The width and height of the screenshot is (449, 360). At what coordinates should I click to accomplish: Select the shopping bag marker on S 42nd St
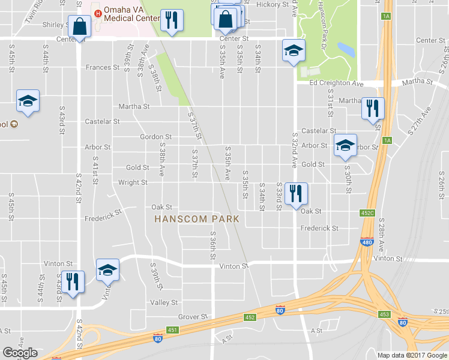80,26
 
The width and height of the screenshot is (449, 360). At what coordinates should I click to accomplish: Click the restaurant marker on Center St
172,21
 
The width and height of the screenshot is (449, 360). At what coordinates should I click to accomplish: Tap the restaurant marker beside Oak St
295,193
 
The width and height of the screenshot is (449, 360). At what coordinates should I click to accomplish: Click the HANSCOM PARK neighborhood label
197,219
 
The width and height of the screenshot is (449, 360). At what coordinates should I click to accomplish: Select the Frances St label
103,68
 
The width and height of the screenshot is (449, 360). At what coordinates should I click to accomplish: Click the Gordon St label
156,137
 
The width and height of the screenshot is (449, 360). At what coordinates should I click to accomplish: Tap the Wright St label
133,182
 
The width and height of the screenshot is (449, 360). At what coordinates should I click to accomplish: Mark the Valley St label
164,303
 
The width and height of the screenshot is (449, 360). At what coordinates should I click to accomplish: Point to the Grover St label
193,316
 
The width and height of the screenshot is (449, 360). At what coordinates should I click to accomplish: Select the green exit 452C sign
367,212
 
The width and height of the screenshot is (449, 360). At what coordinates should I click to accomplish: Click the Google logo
20,353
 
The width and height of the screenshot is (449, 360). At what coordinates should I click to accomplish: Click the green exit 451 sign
173,329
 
